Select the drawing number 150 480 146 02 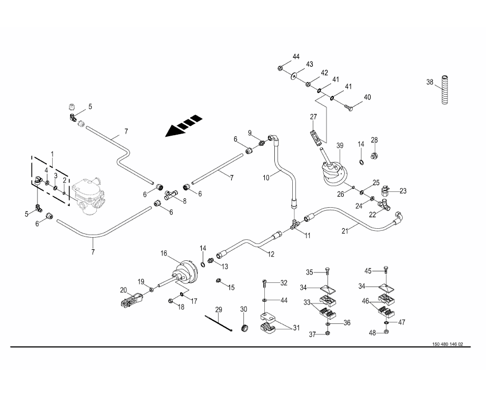click(448, 344)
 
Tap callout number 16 click(164, 253)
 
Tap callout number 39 click(340, 145)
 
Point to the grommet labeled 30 click(244, 329)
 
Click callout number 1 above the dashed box click(52, 154)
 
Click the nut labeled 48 click(386, 333)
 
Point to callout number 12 click(271, 254)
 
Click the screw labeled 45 click(386, 271)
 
